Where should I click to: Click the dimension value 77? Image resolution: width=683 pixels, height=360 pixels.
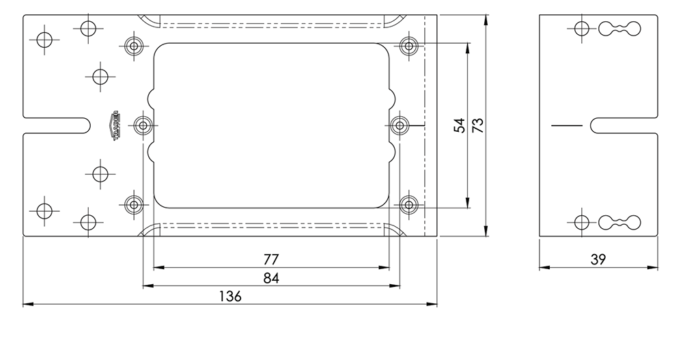click(271, 260)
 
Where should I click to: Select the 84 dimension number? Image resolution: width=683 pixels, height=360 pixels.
click(271, 278)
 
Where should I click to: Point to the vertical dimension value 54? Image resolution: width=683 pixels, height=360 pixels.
click(460, 126)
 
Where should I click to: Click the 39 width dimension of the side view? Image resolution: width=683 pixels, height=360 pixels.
click(598, 260)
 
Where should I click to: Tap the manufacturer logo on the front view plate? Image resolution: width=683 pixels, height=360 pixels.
click(116, 126)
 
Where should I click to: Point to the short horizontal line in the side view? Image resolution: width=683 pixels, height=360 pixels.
click(566, 126)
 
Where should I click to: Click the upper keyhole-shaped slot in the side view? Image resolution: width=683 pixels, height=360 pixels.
click(620, 29)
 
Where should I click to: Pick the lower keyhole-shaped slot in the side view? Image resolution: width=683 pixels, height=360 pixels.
click(620, 222)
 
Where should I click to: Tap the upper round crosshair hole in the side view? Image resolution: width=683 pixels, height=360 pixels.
click(581, 29)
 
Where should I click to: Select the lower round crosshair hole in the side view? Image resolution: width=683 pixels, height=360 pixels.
click(581, 222)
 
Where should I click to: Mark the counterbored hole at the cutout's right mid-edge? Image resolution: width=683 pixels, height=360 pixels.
click(399, 126)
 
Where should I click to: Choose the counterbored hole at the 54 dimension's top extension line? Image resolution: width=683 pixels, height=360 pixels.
click(408, 46)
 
